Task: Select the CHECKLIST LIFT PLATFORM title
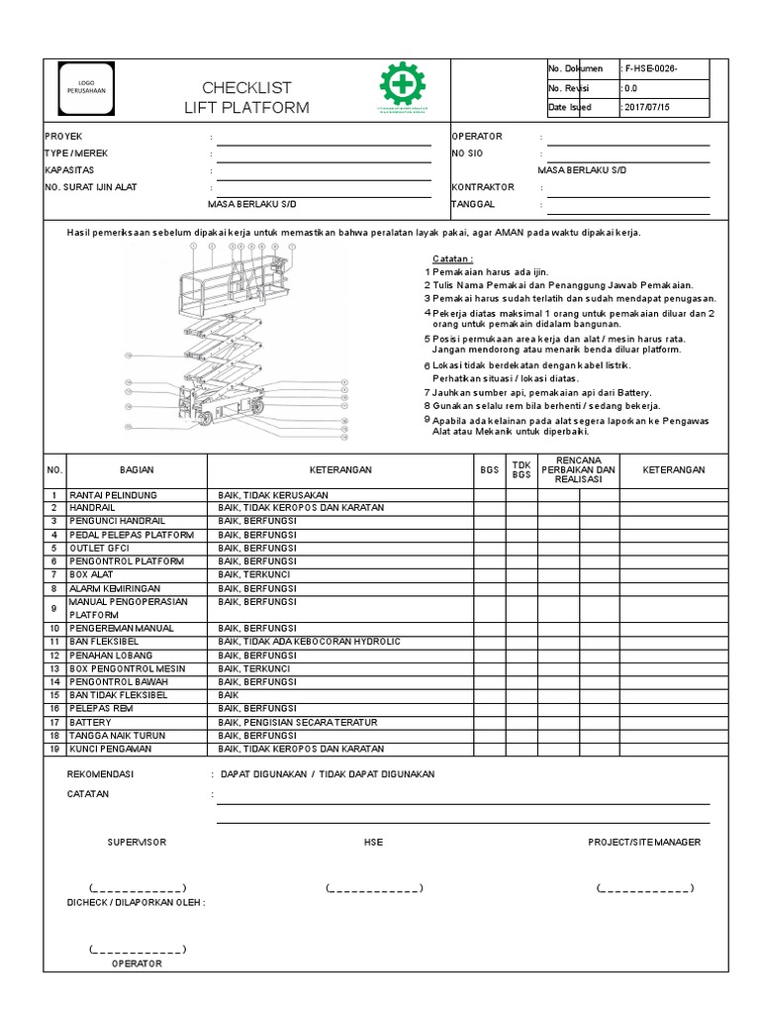tap(246, 97)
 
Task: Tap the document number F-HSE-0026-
tap(651, 68)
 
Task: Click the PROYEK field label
tap(59, 137)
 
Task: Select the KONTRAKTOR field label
tap(483, 186)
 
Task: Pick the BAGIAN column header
tap(137, 470)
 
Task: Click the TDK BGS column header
tap(521, 470)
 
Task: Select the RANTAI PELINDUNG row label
tap(114, 494)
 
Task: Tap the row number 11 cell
tap(55, 642)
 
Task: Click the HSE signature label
tap(373, 842)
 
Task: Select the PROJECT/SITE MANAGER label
tap(644, 842)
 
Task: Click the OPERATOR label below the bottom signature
tap(137, 963)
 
